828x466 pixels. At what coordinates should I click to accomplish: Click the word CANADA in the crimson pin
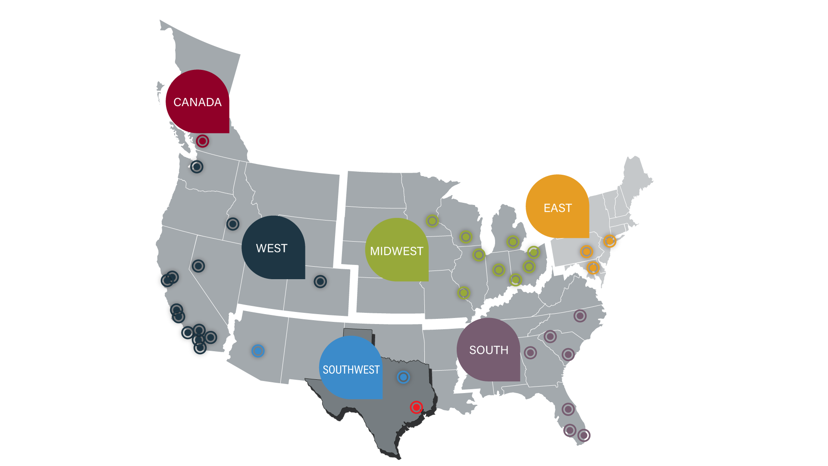click(x=198, y=102)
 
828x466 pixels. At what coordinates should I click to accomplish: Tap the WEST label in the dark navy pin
click(x=272, y=249)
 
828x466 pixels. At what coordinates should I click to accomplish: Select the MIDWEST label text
click(x=396, y=251)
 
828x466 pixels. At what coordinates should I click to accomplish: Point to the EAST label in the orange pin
click(x=558, y=208)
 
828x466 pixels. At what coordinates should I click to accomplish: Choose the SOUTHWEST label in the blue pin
click(x=351, y=370)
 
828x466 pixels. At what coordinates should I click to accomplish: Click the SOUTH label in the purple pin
click(x=489, y=350)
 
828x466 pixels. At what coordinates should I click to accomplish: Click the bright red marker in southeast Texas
click(x=416, y=407)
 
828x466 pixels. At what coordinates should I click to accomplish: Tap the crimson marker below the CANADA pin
click(x=202, y=141)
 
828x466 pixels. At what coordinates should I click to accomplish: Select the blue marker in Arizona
click(x=258, y=351)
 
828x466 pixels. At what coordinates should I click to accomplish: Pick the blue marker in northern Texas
click(x=403, y=377)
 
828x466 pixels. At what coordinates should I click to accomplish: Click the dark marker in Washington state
click(x=197, y=167)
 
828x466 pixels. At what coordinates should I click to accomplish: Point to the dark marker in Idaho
click(x=233, y=224)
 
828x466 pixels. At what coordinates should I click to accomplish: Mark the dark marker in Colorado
click(x=320, y=282)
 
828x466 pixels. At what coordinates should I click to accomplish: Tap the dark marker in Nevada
click(x=198, y=266)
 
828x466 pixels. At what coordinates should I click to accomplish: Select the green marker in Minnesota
click(x=432, y=221)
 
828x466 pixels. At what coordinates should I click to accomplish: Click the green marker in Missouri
click(x=464, y=293)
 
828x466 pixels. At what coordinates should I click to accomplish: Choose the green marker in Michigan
click(x=513, y=242)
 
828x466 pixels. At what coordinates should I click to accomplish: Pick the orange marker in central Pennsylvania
click(x=586, y=251)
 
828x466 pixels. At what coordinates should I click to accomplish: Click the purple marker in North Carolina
click(x=580, y=316)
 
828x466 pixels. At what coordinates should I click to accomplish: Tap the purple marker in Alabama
click(x=530, y=353)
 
